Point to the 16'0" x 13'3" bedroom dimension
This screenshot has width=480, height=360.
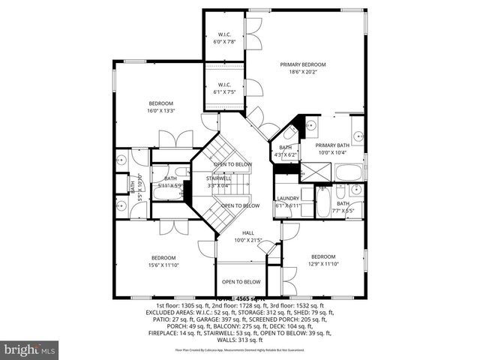pyautogui.click(x=160, y=111)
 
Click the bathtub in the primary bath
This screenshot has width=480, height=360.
pyautogui.click(x=349, y=172)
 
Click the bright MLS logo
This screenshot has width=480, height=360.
pyautogui.click(x=30, y=349)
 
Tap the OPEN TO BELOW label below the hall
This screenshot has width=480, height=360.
pyautogui.click(x=241, y=282)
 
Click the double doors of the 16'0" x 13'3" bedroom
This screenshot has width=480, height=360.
pyautogui.click(x=177, y=139)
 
